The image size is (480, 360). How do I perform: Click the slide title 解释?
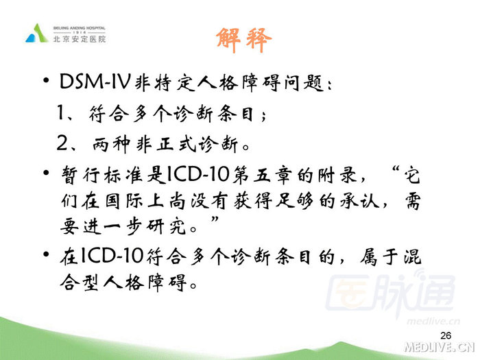point(243,40)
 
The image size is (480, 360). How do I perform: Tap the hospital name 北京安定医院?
point(80,40)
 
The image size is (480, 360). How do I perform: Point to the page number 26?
point(446,335)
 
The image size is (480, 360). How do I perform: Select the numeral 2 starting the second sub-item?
point(64,145)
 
